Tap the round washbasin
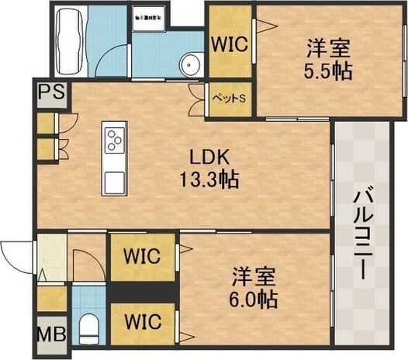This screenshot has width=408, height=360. coord(188,64)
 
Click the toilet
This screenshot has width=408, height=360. coord(89,327)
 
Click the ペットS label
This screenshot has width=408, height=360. coord(229,99)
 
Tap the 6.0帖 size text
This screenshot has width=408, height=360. coord(254,298)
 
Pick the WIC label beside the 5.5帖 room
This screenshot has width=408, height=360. coord(230,43)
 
